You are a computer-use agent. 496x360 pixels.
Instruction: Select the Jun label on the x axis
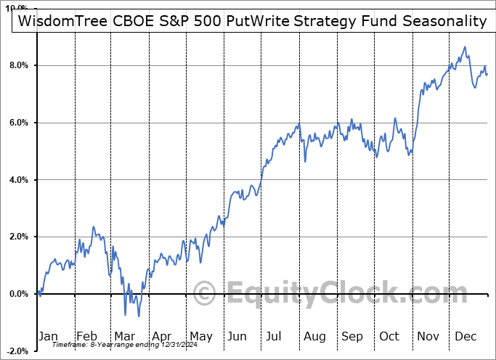click(237, 336)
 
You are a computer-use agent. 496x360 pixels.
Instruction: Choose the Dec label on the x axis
click(465, 336)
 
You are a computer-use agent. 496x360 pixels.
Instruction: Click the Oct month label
click(389, 336)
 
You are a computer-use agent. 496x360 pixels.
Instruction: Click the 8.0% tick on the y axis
click(17, 65)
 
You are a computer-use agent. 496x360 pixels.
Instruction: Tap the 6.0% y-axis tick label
click(17, 123)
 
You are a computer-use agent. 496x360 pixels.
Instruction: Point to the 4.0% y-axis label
click(17, 179)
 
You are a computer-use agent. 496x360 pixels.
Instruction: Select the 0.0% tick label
click(17, 294)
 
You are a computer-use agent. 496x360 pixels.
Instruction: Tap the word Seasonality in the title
click(444, 21)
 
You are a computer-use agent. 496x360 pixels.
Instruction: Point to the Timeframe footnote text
click(120, 345)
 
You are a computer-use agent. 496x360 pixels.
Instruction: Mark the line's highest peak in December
click(465, 47)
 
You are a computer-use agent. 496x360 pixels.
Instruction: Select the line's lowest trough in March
click(138, 316)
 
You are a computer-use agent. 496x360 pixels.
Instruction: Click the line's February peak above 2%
click(94, 227)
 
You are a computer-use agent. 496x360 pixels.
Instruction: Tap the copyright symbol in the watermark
click(206, 294)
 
